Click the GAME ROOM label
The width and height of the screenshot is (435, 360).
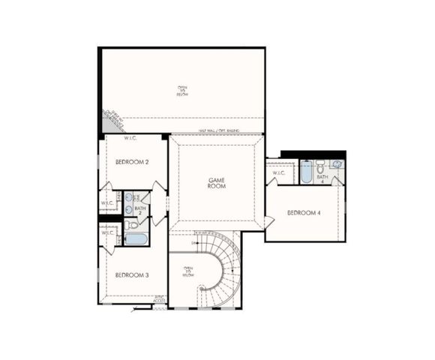[x=217, y=183]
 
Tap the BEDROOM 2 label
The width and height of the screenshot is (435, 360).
[x=131, y=162]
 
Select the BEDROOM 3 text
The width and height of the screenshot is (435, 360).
[x=132, y=275]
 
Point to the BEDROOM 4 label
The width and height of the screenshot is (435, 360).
[x=304, y=213]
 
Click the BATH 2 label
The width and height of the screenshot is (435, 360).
[x=139, y=211]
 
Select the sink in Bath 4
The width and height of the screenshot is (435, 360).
[x=337, y=163]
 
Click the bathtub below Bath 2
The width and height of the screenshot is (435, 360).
[x=136, y=239]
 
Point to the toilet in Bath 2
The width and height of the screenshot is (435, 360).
[x=133, y=224]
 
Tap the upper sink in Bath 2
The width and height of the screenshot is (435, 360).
[x=129, y=198]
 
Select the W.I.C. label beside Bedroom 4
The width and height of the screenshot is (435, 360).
[x=279, y=173]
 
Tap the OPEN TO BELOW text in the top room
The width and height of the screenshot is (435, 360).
[x=182, y=91]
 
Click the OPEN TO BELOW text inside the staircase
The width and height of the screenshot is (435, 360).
[x=188, y=271]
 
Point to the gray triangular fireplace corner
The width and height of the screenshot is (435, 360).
[x=111, y=118]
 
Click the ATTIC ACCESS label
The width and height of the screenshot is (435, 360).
[x=159, y=299]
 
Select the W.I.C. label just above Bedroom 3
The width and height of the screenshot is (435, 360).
[x=107, y=232]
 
